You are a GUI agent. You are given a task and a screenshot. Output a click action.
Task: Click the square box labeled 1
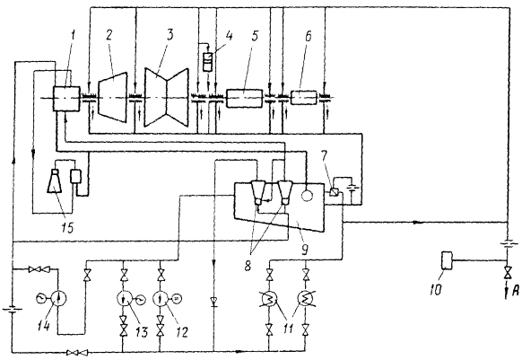tap(66, 99)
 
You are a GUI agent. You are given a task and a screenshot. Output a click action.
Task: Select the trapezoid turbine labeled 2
tap(112, 97)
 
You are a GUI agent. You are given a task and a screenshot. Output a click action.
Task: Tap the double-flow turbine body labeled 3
tap(166, 97)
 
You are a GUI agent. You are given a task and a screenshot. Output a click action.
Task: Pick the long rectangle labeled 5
tap(244, 98)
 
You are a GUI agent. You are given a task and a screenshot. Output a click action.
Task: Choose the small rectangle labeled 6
tap(303, 98)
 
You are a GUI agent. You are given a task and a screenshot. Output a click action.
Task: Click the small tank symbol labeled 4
tap(208, 62)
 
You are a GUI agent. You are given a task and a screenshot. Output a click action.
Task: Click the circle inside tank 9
tap(307, 195)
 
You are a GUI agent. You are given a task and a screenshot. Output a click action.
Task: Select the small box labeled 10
tap(446, 260)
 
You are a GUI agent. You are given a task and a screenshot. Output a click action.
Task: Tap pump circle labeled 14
tap(58, 299)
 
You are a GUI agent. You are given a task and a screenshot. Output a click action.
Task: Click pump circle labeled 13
tap(124, 299)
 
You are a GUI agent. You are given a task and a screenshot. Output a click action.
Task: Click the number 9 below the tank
tap(305, 249)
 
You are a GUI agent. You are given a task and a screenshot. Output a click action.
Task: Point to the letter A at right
tap(515, 292)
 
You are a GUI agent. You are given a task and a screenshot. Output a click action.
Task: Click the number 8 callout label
tap(248, 266)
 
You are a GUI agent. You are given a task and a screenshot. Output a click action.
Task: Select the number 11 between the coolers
tap(288, 328)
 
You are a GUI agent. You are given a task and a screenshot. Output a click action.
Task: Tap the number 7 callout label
tap(324, 155)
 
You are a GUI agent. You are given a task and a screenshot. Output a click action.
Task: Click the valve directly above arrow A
tap(508, 272)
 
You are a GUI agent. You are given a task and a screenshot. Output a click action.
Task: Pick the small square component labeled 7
tap(335, 192)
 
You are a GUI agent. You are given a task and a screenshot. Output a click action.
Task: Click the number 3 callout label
tap(170, 35)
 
